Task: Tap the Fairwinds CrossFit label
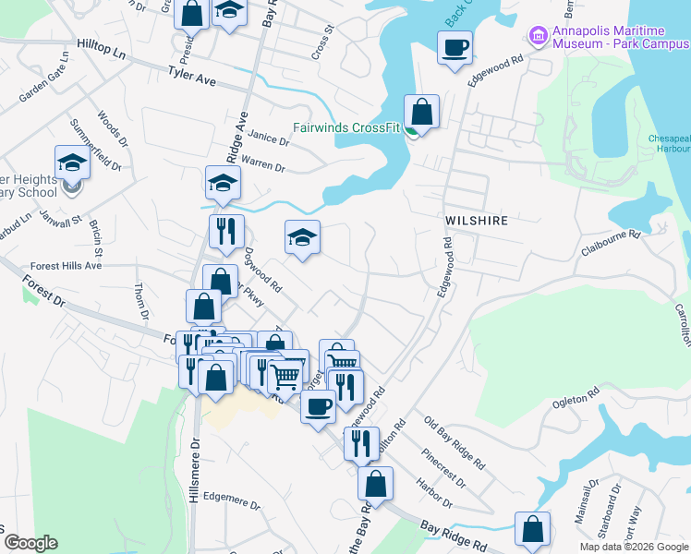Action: (345, 127)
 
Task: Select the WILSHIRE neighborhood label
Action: (478, 222)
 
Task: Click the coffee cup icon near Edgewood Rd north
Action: (455, 47)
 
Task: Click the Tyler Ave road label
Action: (191, 75)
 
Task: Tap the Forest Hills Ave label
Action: (66, 265)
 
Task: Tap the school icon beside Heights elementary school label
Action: (71, 163)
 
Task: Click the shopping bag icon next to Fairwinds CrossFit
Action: (421, 112)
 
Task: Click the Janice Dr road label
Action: (269, 138)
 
